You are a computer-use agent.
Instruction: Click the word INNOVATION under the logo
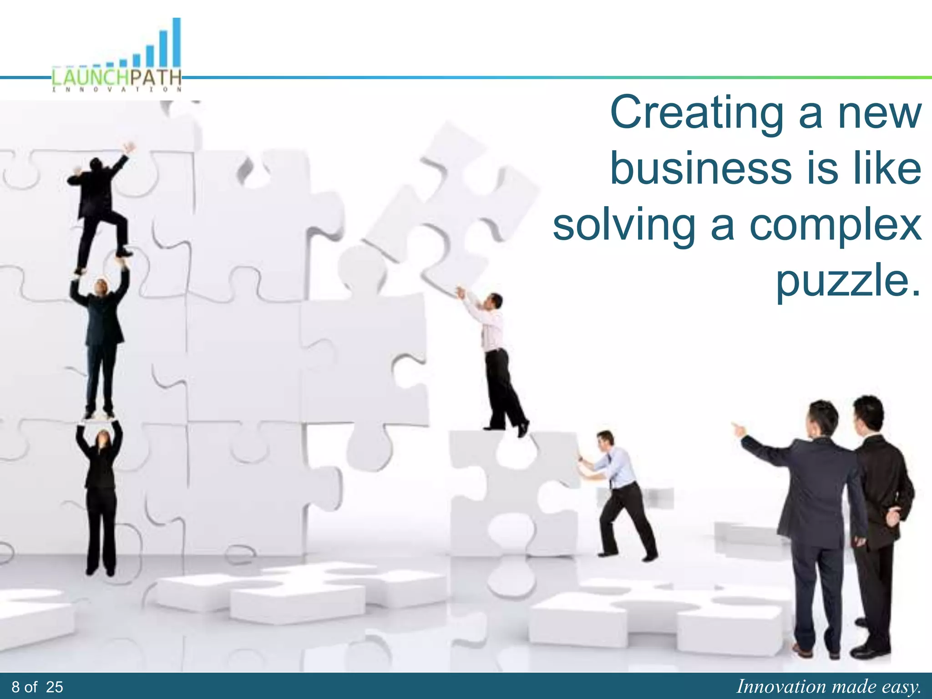116,90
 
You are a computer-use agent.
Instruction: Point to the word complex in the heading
835,227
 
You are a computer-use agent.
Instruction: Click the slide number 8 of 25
37,687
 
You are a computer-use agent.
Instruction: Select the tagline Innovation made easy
828,687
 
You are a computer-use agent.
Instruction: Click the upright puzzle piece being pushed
510,491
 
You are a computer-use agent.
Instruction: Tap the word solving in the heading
623,227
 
